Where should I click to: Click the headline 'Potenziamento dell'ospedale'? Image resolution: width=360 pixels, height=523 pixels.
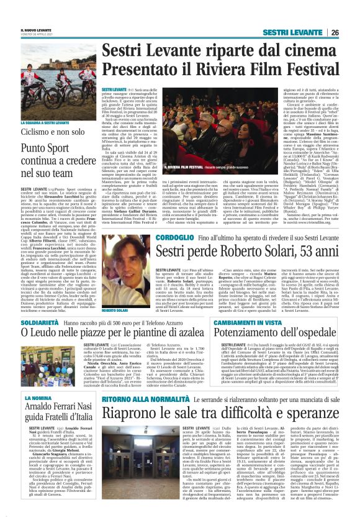(277, 334)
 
